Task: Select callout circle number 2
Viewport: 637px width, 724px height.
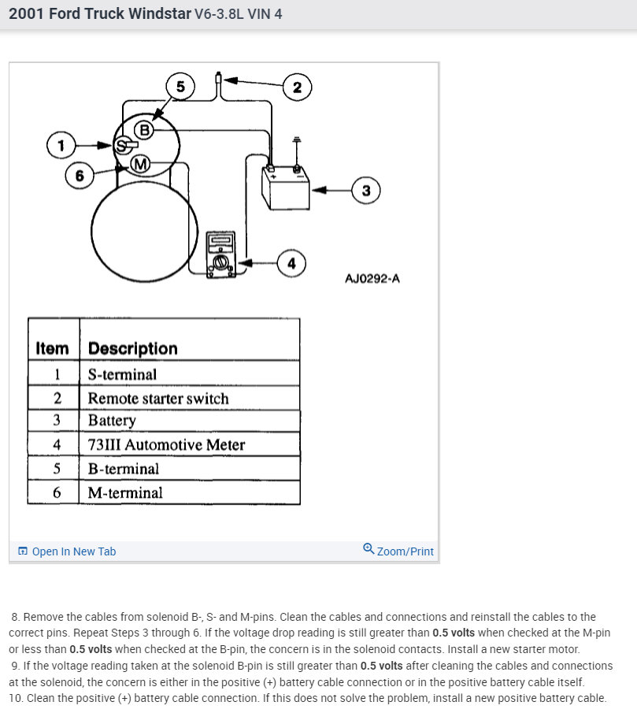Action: tap(297, 87)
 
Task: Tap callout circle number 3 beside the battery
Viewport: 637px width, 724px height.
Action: tap(365, 190)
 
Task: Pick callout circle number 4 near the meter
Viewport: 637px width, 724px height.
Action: tap(291, 263)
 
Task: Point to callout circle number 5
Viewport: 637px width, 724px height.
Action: tap(180, 86)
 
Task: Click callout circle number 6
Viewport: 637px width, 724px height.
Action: tap(80, 175)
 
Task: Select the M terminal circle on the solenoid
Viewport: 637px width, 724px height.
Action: tap(140, 164)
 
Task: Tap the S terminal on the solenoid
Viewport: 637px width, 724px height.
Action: tap(122, 146)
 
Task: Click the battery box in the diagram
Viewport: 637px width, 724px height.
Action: tap(285, 188)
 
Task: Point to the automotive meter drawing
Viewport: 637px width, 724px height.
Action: tap(220, 254)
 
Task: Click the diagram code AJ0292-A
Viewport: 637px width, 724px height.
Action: tap(372, 278)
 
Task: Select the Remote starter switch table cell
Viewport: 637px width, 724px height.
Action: tap(158, 398)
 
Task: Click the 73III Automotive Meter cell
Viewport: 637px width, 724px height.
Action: tap(166, 444)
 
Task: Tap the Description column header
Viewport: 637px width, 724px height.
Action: tap(133, 348)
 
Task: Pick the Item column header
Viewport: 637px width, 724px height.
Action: tap(53, 348)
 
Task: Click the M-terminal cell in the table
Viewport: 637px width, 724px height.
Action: tap(125, 492)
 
